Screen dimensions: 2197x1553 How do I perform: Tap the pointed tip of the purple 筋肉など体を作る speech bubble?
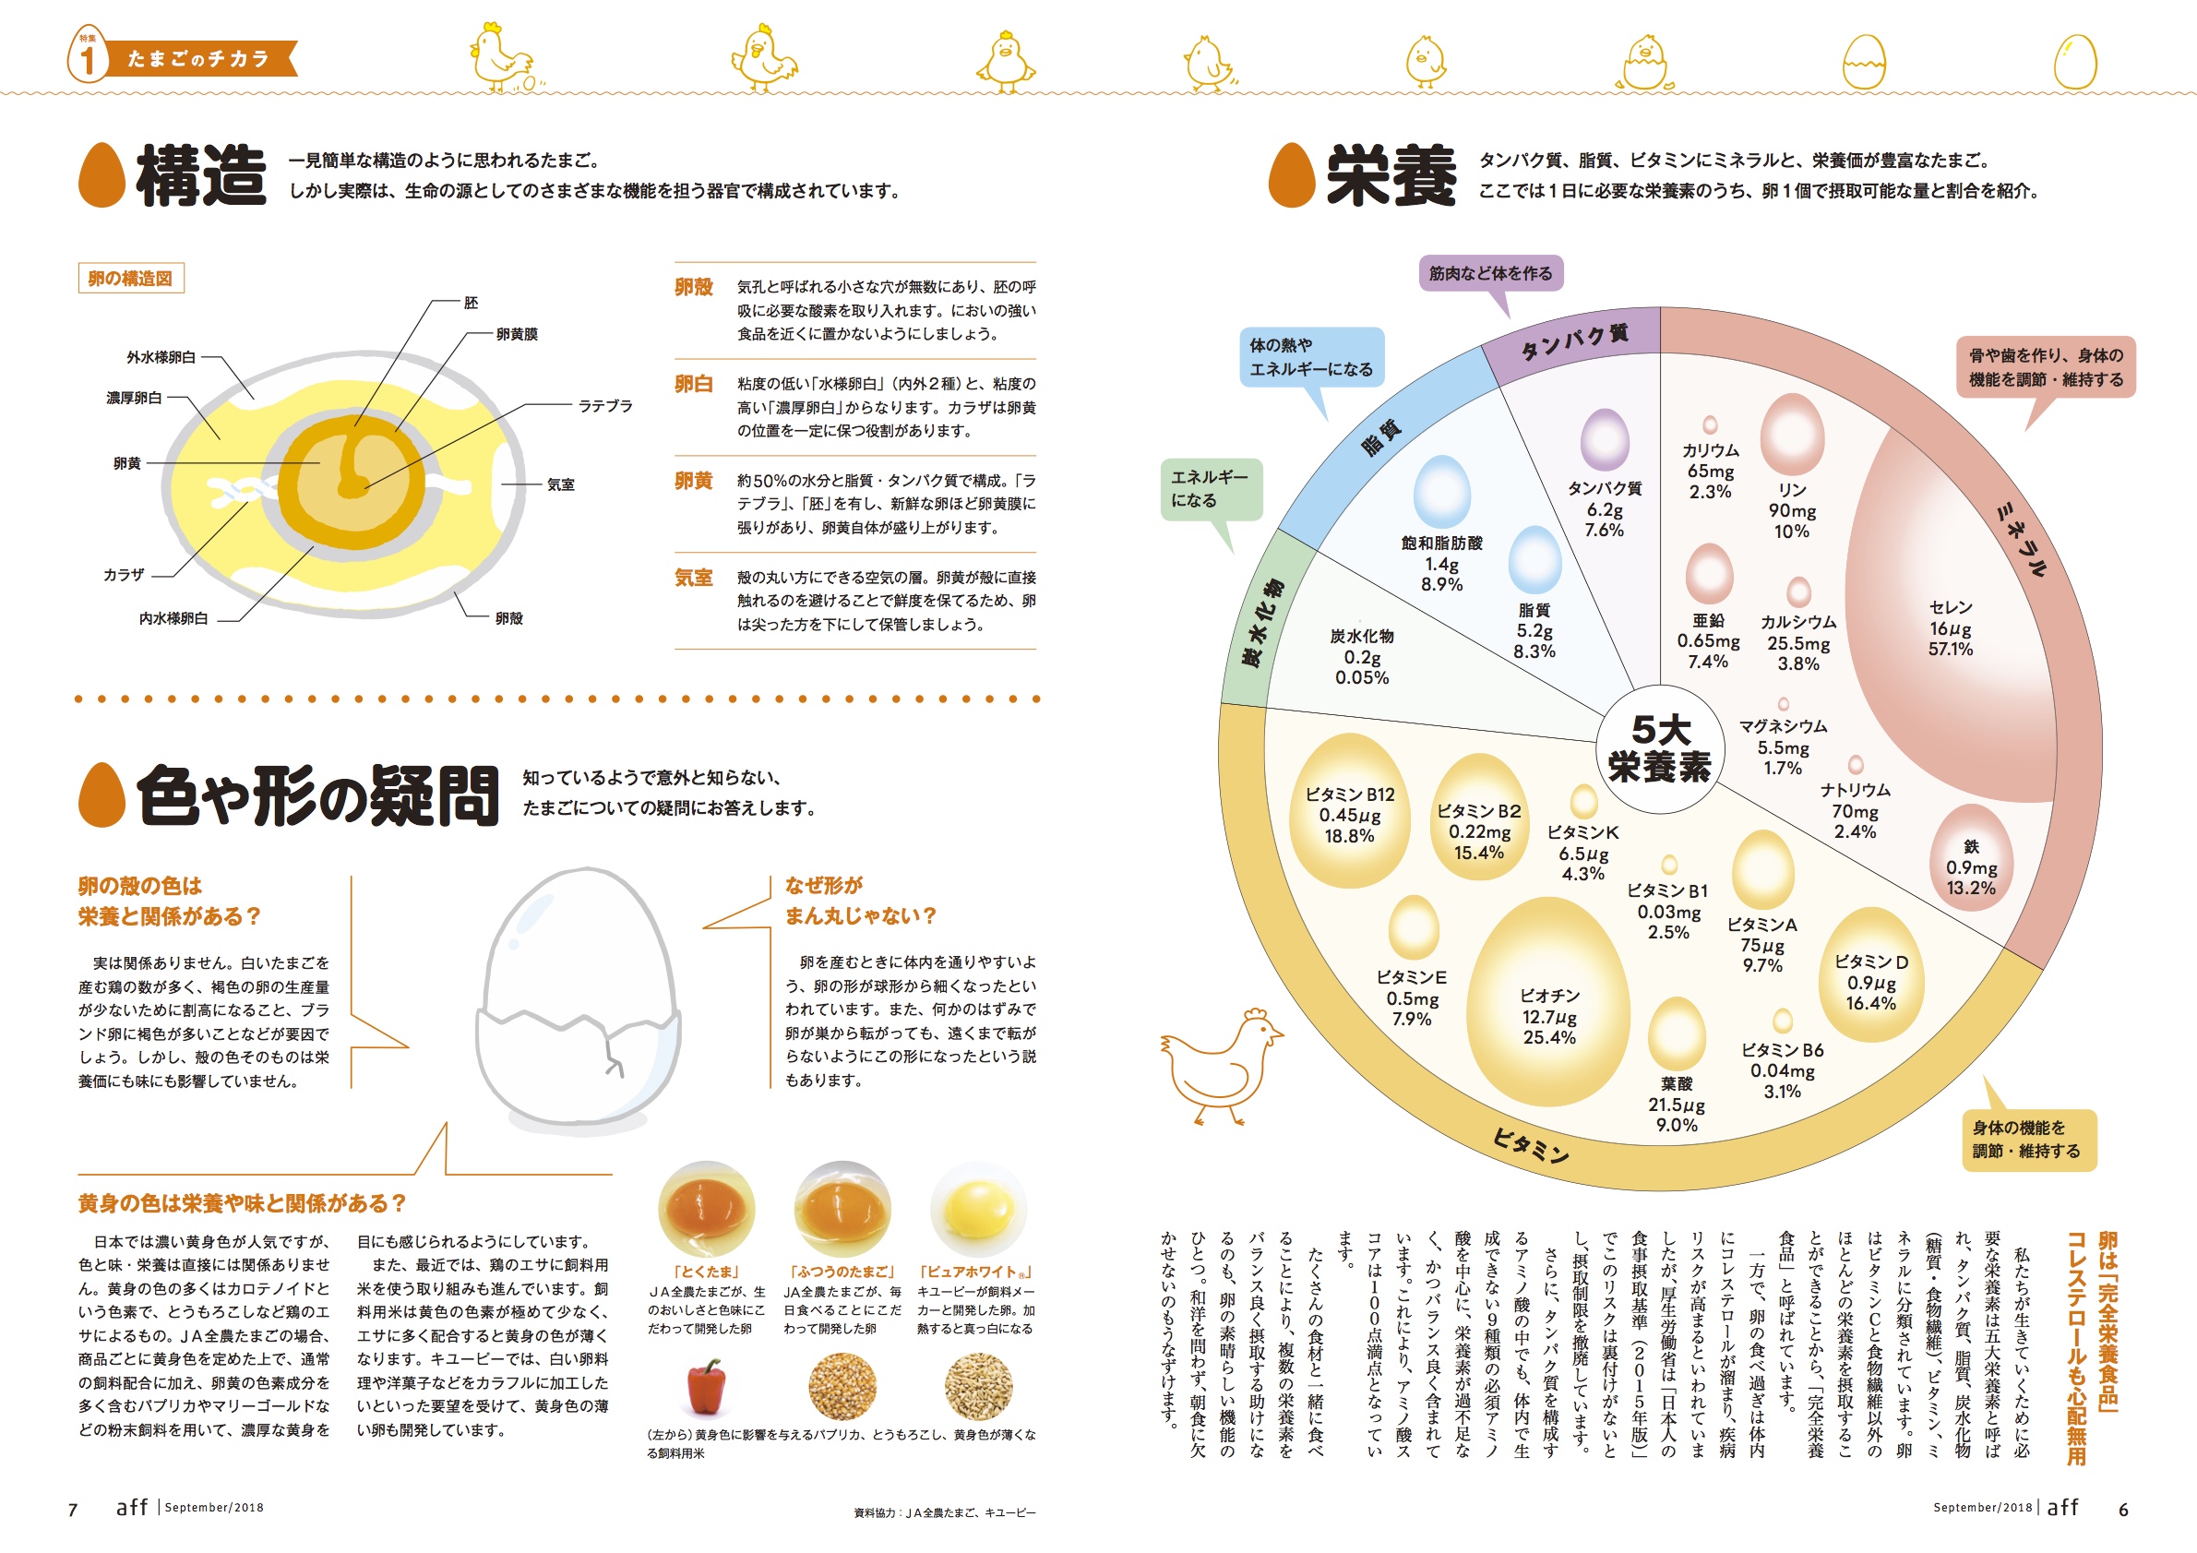[1508, 317]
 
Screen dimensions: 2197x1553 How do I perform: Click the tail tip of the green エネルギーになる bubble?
[1234, 553]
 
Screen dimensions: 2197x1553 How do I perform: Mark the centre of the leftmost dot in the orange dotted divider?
[79, 699]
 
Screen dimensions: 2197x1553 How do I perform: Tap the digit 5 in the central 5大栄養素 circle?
[1643, 730]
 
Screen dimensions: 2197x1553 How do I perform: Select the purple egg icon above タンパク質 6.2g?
[1605, 440]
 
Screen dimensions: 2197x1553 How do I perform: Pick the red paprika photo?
[706, 1387]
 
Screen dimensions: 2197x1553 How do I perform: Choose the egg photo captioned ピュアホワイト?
[978, 1210]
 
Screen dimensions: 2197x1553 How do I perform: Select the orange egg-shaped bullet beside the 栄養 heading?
[1292, 175]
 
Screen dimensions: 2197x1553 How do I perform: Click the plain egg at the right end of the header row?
[2075, 62]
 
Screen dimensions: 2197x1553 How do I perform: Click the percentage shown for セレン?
[1950, 649]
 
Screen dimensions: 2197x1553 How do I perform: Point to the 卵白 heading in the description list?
[694, 384]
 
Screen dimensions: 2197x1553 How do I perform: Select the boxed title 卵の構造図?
[130, 279]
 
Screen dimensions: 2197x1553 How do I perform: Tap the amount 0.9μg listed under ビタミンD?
[1870, 983]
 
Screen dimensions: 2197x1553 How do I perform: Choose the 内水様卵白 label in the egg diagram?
[173, 618]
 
